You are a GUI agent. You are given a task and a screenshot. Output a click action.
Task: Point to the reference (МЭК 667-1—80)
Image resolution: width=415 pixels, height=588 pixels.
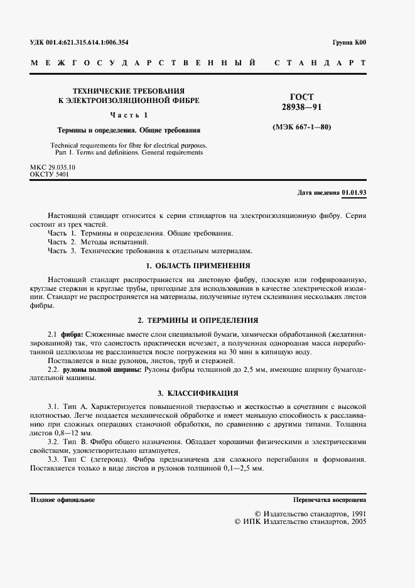click(301, 128)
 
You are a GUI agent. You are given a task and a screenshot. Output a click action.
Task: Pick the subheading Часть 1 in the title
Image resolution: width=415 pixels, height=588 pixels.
click(129, 115)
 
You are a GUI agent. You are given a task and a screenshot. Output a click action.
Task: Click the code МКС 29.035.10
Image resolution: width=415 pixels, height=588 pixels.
click(53, 168)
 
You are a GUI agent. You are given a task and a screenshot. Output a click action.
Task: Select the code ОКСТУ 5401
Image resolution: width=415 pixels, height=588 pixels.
click(50, 175)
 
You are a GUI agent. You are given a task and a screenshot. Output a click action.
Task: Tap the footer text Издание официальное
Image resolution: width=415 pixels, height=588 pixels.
click(63, 500)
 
